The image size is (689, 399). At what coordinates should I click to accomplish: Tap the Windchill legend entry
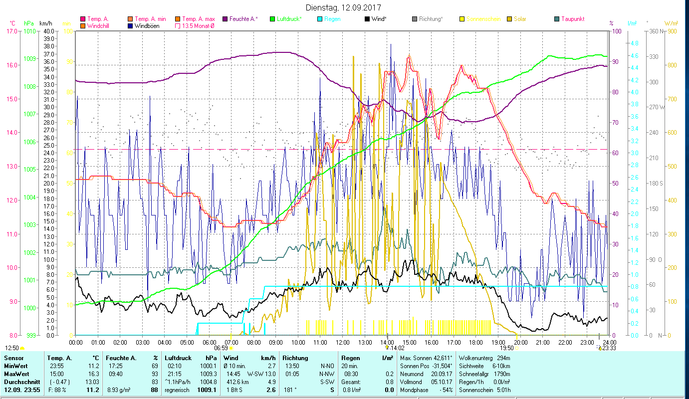[100, 26]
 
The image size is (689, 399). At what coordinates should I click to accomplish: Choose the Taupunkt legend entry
[572, 19]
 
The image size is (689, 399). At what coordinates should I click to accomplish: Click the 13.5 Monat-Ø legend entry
[199, 26]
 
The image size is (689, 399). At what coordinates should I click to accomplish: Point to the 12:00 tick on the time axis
[342, 342]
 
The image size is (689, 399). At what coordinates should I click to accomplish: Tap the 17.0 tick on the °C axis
[10, 31]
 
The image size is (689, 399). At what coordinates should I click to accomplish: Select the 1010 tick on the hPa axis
[29, 31]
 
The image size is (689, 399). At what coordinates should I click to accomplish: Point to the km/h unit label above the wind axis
[45, 23]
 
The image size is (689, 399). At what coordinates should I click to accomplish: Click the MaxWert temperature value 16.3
[93, 374]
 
